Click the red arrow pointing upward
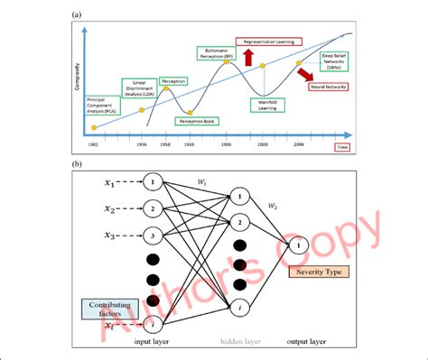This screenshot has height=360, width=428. (247, 59)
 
